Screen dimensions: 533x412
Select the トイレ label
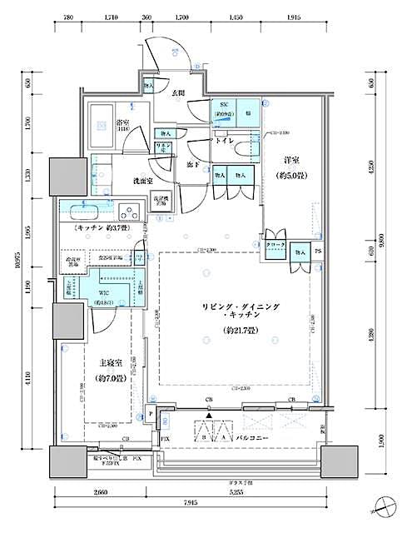pos(224,142)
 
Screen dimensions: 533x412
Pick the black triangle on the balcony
pos(210,415)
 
